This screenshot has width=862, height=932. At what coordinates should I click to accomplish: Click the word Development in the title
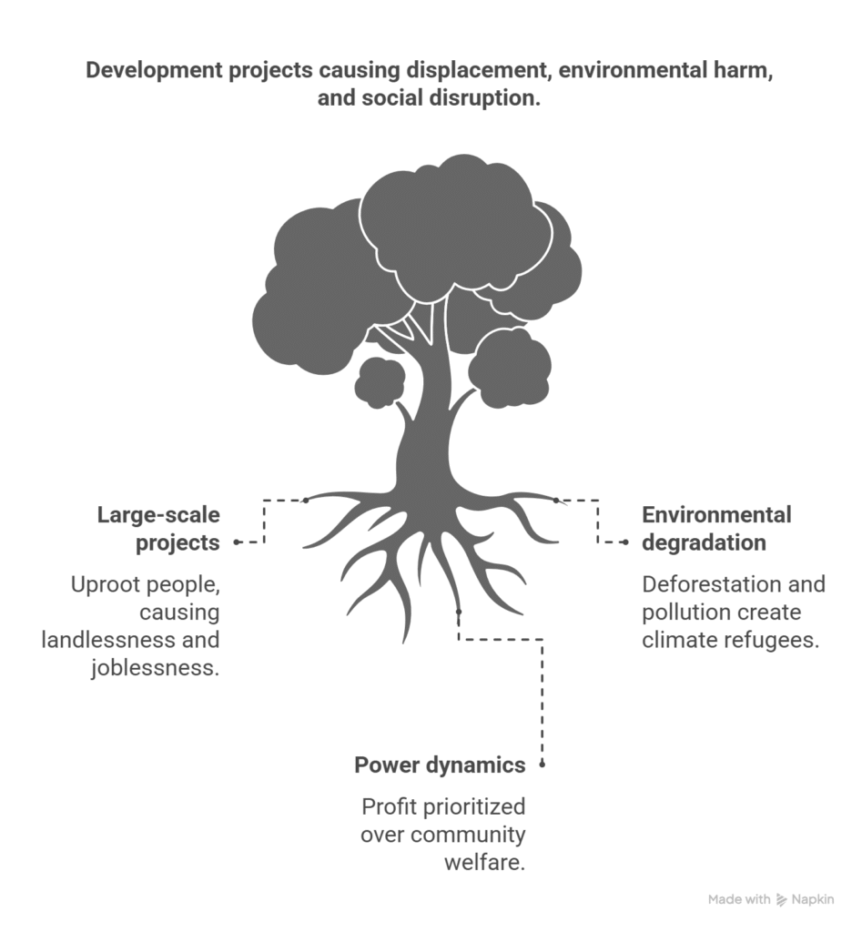pos(155,70)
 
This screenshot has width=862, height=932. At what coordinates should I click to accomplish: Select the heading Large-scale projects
pos(158,529)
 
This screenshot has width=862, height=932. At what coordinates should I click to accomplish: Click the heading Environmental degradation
pos(716,529)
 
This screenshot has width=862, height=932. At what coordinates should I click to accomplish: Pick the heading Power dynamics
pos(440,765)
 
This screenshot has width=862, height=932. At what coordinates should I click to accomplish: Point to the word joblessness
pos(156,667)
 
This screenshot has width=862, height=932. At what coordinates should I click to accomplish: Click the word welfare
pos(484,862)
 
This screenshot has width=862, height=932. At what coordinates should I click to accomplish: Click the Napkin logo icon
pos(782,900)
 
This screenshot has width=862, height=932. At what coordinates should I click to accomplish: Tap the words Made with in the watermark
pos(739,899)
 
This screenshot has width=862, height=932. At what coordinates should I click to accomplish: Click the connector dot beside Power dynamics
pos(542,765)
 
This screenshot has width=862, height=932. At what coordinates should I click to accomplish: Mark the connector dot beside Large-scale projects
pos(237,542)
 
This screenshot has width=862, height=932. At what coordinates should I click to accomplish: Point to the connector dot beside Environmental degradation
pos(624,542)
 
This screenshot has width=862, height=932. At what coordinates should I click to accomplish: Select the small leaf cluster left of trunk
pos(380,383)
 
